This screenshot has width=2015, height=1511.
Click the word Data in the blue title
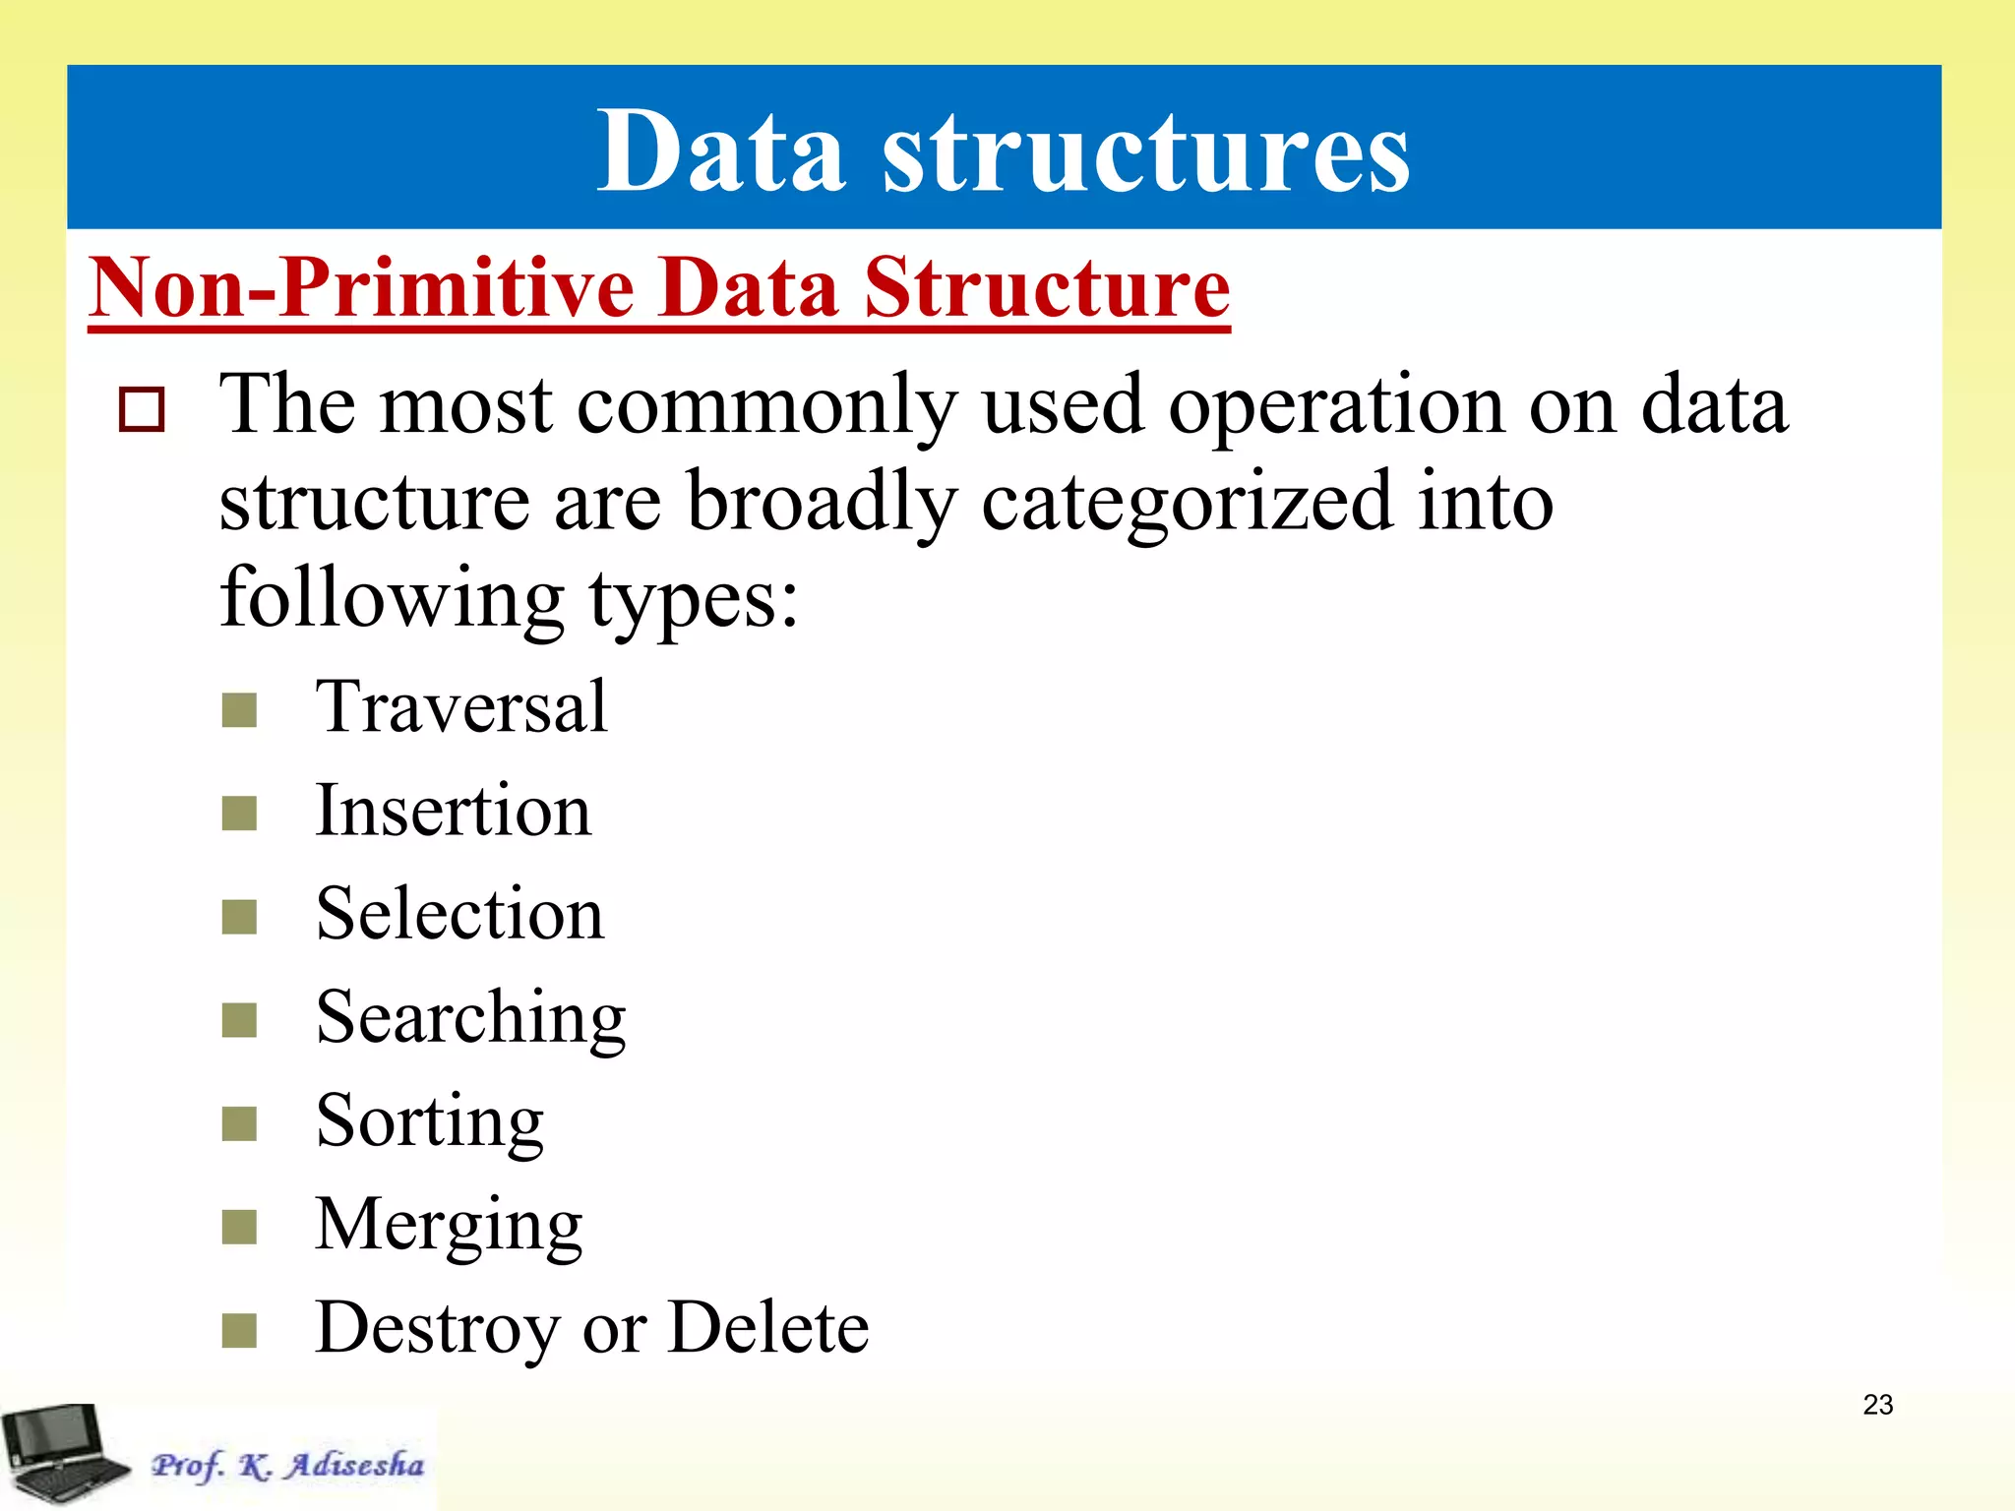tap(720, 152)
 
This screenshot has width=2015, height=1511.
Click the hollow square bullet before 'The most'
tap(142, 409)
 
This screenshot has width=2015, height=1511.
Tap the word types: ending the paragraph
tap(694, 600)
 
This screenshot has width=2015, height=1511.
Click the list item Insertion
tap(454, 812)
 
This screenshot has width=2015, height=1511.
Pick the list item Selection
tap(460, 915)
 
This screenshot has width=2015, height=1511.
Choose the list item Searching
tap(470, 1018)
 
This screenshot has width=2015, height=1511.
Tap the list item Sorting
tap(430, 1121)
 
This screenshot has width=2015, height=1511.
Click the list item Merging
tap(449, 1226)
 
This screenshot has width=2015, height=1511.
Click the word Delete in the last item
tap(768, 1329)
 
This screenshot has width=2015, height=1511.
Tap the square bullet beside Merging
tap(239, 1227)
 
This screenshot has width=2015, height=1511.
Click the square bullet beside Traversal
tap(239, 709)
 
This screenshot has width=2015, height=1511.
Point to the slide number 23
tap(1877, 1405)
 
